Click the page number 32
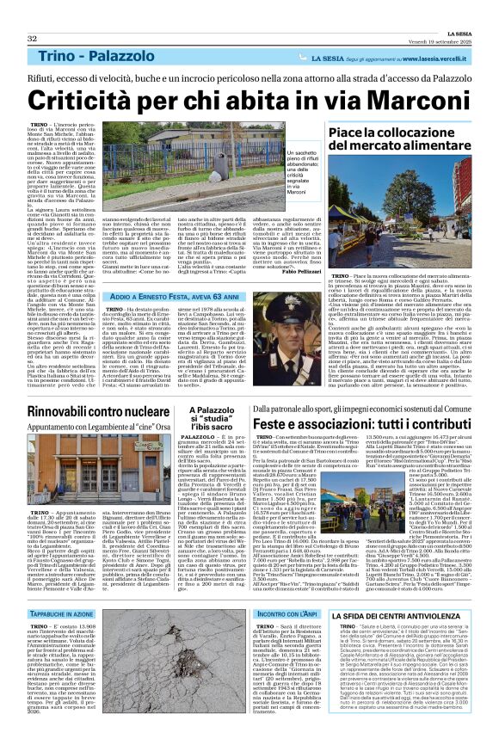[x=32, y=15]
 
